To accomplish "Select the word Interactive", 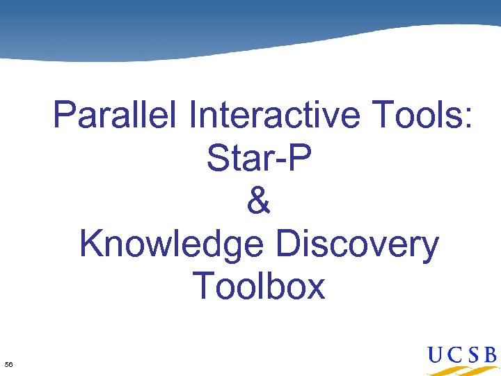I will click(x=273, y=116).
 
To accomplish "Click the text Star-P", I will click(x=259, y=159).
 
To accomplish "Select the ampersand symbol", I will click(x=259, y=201).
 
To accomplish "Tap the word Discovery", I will click(x=358, y=244).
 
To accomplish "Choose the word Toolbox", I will click(x=259, y=286).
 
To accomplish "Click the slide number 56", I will click(x=8, y=364).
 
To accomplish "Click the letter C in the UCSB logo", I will click(x=457, y=355).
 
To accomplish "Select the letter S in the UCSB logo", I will click(x=473, y=355).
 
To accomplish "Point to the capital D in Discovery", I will click(x=288, y=244).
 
